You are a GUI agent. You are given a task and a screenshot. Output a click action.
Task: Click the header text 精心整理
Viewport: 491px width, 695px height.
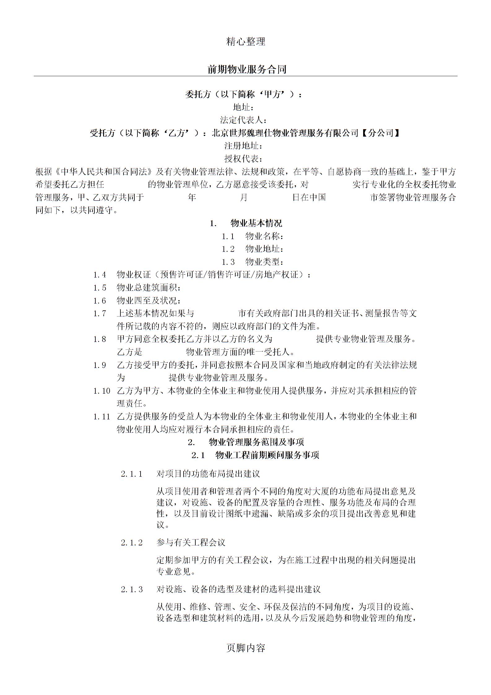(245, 42)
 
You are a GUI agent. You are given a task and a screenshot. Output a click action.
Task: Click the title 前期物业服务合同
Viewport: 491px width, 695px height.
(247, 69)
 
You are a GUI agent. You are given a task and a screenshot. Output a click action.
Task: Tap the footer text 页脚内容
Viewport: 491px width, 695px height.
(245, 647)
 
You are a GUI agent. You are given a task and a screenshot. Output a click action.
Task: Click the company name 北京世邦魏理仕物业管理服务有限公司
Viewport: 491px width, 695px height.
(285, 133)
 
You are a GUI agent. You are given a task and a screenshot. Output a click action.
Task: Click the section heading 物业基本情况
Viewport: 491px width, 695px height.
(256, 223)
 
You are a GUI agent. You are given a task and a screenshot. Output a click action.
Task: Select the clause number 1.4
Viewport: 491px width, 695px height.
(100, 275)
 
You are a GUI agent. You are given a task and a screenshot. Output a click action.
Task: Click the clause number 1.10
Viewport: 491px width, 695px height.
(102, 391)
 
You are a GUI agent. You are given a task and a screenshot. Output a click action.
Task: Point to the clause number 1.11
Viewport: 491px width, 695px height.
(102, 417)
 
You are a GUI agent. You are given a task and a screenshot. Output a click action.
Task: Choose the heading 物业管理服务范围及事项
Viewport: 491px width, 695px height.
(256, 442)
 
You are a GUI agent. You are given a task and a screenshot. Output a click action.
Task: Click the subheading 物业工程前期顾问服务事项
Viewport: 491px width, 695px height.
(267, 456)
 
